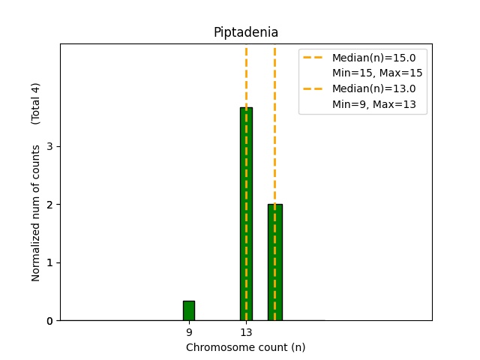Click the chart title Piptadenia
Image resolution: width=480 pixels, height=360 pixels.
(245, 32)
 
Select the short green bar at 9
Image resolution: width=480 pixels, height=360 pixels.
(189, 310)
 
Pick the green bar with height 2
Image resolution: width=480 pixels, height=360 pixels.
(274, 262)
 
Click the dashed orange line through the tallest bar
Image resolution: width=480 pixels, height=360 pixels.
(246, 75)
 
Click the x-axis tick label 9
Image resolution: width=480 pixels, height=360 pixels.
(189, 332)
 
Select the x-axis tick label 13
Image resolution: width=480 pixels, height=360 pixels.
(246, 332)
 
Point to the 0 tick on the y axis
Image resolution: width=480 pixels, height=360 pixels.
(49, 321)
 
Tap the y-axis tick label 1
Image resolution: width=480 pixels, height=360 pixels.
(49, 262)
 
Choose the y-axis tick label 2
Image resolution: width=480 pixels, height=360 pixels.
(49, 205)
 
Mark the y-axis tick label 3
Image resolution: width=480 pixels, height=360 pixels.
(49, 146)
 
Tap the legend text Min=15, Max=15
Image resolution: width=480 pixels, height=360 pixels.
(377, 73)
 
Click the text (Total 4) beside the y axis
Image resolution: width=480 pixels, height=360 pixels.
(36, 103)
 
